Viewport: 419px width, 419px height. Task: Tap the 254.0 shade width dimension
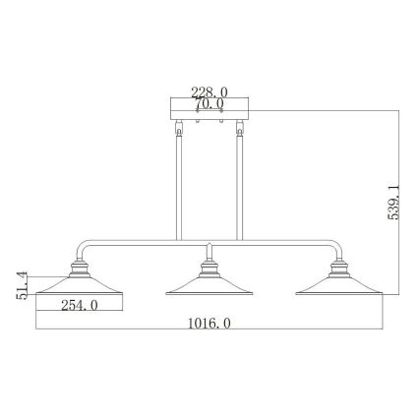coord(78,305)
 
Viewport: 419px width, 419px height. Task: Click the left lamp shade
coord(79,285)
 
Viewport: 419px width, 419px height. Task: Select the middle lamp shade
coord(208,285)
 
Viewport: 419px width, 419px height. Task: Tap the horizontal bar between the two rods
coord(208,243)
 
